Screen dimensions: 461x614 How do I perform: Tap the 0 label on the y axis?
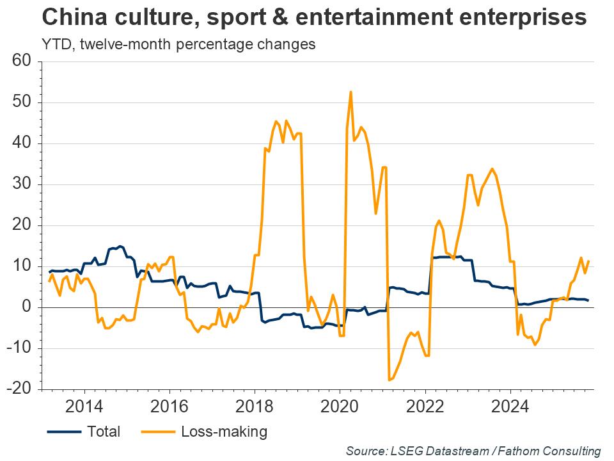point(27,307)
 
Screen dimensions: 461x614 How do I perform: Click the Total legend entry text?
point(104,432)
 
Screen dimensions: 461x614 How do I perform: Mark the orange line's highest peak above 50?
point(351,92)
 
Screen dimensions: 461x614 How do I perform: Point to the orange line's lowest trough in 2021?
point(389,380)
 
